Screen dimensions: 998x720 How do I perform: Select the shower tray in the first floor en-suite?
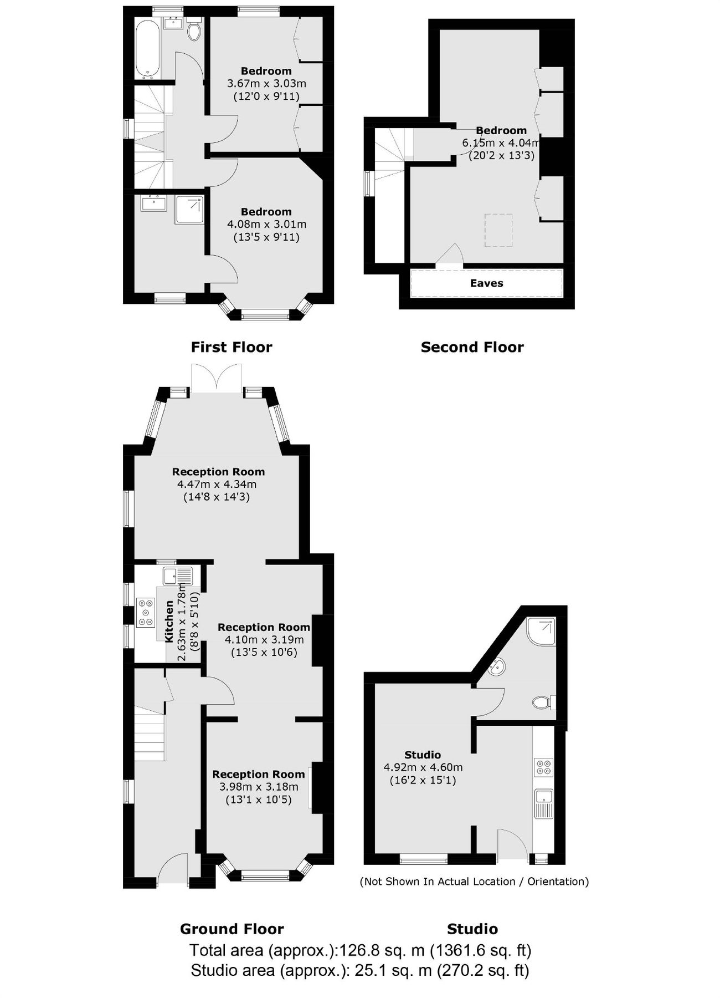(189, 210)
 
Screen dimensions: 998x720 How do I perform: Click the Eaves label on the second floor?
(486, 283)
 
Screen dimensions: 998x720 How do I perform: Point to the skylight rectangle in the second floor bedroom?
(498, 230)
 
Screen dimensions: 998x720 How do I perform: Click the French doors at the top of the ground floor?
(216, 379)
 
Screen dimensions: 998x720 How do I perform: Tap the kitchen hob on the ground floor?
(146, 612)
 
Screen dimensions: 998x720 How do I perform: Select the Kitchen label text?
(169, 621)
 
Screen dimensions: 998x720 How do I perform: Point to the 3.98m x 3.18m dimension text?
(258, 787)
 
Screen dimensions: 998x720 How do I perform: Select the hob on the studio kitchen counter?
(543, 767)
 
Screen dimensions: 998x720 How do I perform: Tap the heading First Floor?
(232, 347)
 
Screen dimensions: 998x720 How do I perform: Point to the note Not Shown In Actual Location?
(474, 881)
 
